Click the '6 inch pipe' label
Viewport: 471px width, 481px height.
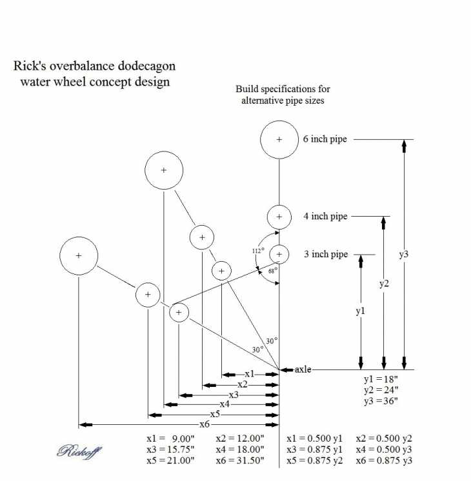pyautogui.click(x=325, y=139)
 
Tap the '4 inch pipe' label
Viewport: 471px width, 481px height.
pyautogui.click(x=325, y=217)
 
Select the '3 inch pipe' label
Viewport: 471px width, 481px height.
pyautogui.click(x=326, y=255)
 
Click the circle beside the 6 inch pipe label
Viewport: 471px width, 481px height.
pyautogui.click(x=279, y=139)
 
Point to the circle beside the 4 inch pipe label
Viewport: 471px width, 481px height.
pyautogui.click(x=279, y=217)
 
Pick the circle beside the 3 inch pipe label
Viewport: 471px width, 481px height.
pyautogui.click(x=279, y=254)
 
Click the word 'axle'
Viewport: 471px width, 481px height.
pyautogui.click(x=303, y=369)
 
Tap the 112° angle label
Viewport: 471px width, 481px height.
pyautogui.click(x=259, y=251)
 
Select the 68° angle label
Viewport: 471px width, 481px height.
pyautogui.click(x=273, y=271)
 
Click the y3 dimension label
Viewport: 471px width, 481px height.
pyautogui.click(x=404, y=254)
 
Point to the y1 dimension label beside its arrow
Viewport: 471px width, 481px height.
pyautogui.click(x=361, y=311)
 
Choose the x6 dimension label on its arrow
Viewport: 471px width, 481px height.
pyautogui.click(x=205, y=424)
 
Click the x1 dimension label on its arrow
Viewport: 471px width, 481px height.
pyautogui.click(x=249, y=374)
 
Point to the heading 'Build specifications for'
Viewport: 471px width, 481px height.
pyautogui.click(x=283, y=89)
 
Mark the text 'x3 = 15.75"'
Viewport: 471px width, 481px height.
pyautogui.click(x=170, y=449)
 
